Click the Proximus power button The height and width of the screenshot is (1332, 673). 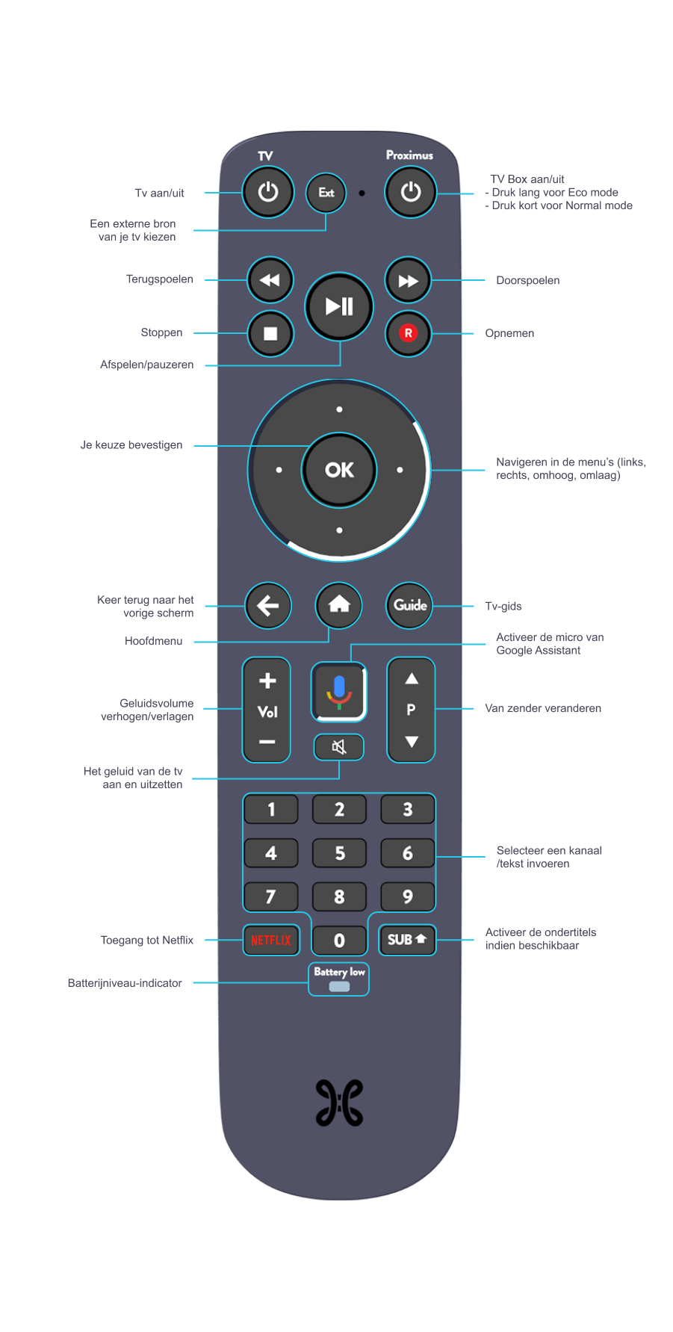coord(410,192)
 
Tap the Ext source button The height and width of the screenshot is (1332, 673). coord(326,193)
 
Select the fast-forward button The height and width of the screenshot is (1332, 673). coord(408,281)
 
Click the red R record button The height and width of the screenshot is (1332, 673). coord(408,333)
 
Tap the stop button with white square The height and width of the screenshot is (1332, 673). coord(270,333)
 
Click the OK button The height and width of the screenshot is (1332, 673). coord(339,470)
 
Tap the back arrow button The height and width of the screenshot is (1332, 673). coord(268,605)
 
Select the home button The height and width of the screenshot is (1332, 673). coord(339,604)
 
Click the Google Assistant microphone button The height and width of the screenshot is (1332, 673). coord(339,692)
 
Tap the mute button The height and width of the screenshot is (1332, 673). coord(339,746)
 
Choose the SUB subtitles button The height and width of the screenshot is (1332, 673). coord(407,940)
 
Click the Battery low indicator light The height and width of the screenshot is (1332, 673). coord(339,986)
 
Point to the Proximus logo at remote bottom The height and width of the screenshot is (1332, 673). coord(339,1103)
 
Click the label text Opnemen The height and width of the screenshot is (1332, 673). coord(509,333)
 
